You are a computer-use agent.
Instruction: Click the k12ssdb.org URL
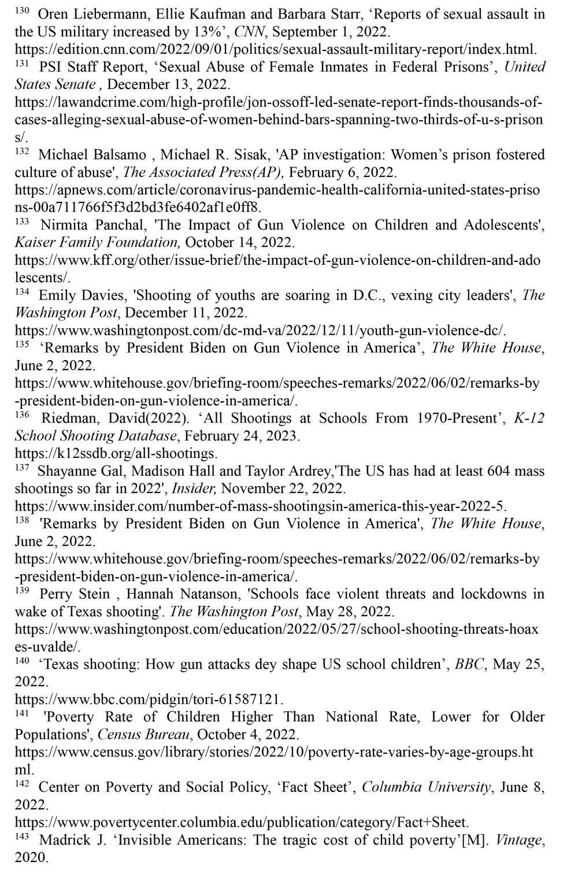point(116,453)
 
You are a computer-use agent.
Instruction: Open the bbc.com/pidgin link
point(149,699)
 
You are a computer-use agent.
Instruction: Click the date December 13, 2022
point(168,84)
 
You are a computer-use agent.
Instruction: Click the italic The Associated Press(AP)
point(203,172)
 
